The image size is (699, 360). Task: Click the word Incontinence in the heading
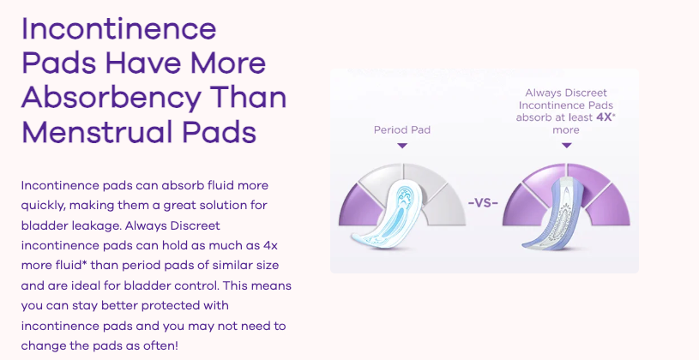click(x=119, y=28)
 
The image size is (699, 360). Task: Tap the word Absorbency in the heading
click(x=111, y=98)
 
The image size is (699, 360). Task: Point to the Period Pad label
click(x=402, y=130)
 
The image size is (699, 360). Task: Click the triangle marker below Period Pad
click(x=402, y=145)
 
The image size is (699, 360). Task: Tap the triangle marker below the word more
click(x=567, y=145)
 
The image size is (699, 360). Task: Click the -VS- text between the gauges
click(x=483, y=203)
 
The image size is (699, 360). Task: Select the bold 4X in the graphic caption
click(x=603, y=117)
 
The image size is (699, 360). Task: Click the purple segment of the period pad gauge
click(x=359, y=207)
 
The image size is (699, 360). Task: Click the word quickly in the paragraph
click(x=43, y=206)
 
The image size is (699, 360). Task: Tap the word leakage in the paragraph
click(x=96, y=226)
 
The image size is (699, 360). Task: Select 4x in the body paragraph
click(x=271, y=245)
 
